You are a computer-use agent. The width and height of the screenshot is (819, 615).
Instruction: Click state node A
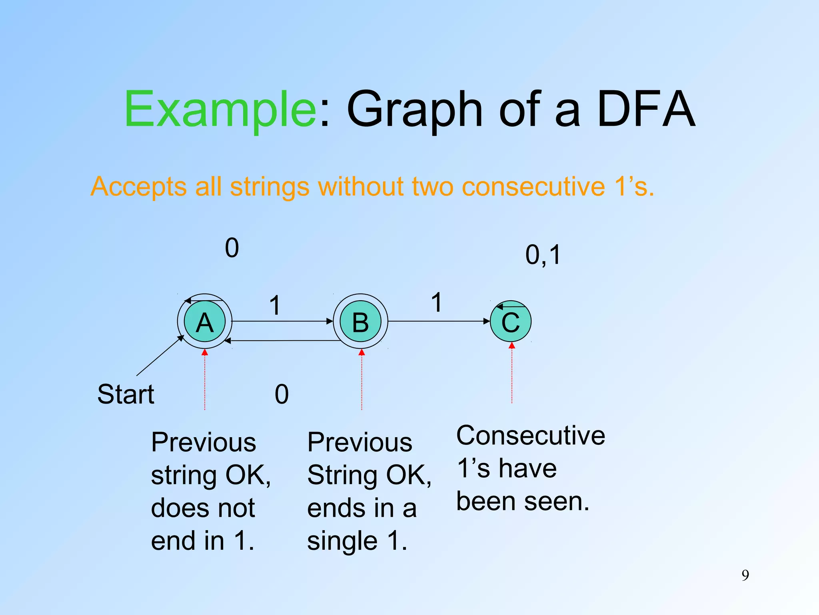(x=204, y=322)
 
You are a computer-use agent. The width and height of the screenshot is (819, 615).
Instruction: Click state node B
(x=360, y=322)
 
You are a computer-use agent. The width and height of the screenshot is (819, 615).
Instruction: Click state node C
(x=511, y=322)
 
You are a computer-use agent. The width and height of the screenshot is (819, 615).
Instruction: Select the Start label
(x=126, y=394)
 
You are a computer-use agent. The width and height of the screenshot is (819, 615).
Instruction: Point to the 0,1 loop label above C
(x=543, y=255)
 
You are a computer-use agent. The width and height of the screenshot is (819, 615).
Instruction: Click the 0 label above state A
(x=232, y=248)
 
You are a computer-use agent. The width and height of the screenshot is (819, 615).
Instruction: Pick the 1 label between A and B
(x=275, y=305)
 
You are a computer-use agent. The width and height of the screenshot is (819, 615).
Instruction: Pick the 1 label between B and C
(x=437, y=302)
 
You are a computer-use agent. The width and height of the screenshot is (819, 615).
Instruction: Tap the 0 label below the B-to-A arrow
(x=282, y=394)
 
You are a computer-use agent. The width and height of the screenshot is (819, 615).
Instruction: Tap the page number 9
(x=745, y=575)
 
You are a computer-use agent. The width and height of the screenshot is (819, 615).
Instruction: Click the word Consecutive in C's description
(x=531, y=436)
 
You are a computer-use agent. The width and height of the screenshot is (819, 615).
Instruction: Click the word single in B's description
(x=342, y=541)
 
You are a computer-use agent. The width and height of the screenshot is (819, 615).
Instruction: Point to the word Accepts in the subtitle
(x=138, y=187)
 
